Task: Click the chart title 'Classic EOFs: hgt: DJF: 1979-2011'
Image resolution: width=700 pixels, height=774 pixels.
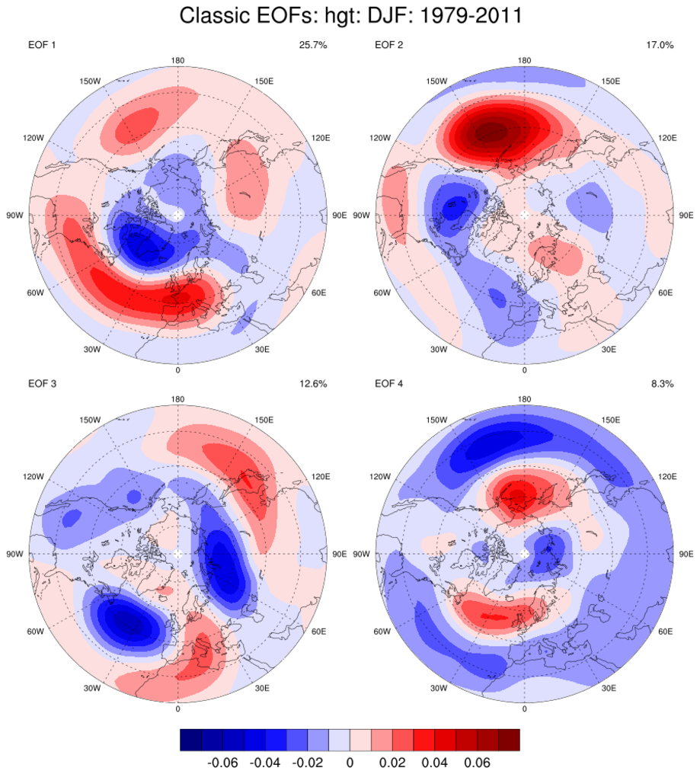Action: [350, 16]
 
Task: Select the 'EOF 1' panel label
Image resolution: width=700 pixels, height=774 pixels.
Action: [42, 46]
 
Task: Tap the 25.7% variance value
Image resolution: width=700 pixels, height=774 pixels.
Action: [313, 46]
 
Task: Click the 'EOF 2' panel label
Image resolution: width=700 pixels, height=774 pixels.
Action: [389, 46]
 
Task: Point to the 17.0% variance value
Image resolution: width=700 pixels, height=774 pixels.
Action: [660, 46]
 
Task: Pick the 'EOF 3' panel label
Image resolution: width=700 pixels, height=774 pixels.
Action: [42, 384]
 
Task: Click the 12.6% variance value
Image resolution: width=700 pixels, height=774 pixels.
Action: [313, 384]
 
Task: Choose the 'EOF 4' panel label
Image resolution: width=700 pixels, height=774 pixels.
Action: [389, 384]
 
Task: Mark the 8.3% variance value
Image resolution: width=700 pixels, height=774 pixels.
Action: [663, 384]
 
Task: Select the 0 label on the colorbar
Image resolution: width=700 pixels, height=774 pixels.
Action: [350, 761]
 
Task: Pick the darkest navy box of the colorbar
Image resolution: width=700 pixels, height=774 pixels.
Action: [190, 740]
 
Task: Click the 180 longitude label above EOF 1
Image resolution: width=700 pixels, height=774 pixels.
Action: [177, 60]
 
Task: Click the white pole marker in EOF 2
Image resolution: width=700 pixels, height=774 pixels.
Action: [525, 216]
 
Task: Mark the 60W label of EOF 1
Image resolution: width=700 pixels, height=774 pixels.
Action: [34, 293]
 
